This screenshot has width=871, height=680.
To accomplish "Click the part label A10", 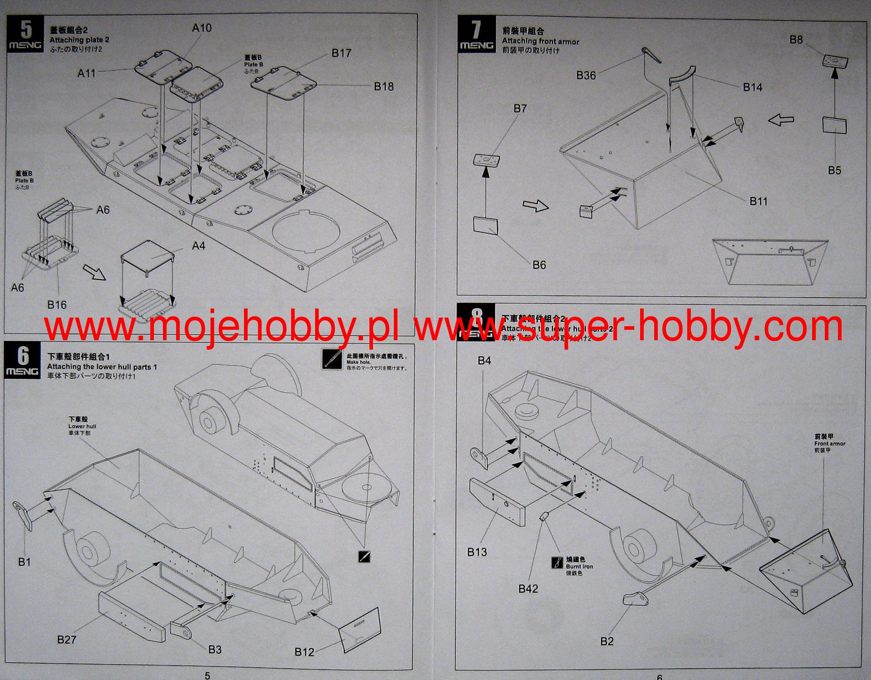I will [x=201, y=28].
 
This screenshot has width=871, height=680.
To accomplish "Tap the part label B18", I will [x=383, y=87].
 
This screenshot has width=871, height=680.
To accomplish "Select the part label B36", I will [x=586, y=75].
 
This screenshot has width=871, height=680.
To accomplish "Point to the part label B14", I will [x=752, y=87].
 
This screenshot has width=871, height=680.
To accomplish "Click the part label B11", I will [x=758, y=201].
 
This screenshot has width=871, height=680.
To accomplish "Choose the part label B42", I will [x=528, y=588].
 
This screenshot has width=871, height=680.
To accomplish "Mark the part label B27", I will [x=67, y=639].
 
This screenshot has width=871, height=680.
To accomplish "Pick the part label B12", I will [x=304, y=652].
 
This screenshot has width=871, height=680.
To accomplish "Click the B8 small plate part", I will [x=835, y=61].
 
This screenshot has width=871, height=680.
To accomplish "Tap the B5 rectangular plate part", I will [x=834, y=125].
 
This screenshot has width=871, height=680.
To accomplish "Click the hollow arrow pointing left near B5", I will [x=781, y=120].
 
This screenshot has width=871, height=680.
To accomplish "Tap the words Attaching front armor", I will [x=541, y=41].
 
